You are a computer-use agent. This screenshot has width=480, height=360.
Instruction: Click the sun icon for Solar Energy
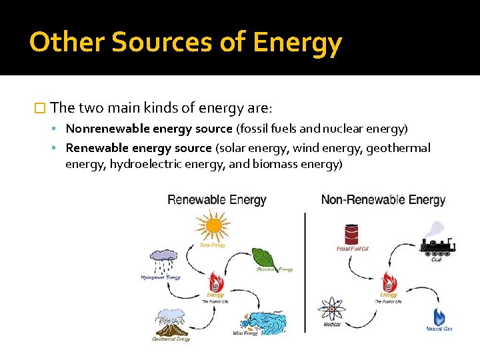pyautogui.click(x=213, y=227)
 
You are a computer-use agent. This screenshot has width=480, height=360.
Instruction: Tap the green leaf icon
pyautogui.click(x=265, y=257)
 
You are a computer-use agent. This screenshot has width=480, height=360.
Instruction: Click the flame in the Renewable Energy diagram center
pyautogui.click(x=215, y=281)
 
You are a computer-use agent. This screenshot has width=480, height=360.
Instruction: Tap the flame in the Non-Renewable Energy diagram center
pyautogui.click(x=389, y=281)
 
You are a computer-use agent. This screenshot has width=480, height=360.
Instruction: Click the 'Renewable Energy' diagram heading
pyautogui.click(x=217, y=200)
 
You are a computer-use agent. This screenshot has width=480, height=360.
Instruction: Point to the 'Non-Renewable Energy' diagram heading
pyautogui.click(x=383, y=200)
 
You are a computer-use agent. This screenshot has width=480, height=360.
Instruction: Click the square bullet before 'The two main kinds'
pyautogui.click(x=39, y=107)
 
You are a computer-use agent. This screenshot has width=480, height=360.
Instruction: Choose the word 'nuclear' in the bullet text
pyautogui.click(x=341, y=128)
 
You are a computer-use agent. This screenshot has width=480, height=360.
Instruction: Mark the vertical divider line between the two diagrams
pyautogui.click(x=305, y=267)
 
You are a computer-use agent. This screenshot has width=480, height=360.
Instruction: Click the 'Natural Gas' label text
pyautogui.click(x=439, y=329)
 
